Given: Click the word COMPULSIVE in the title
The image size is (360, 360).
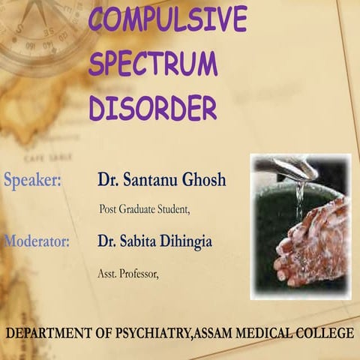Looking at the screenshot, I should click(167, 19).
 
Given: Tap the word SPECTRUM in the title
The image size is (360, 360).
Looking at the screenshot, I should click(153, 64).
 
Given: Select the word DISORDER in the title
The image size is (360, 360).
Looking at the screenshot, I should click(153, 109).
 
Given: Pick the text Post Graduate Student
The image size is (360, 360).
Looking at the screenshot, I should click(145, 209).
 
